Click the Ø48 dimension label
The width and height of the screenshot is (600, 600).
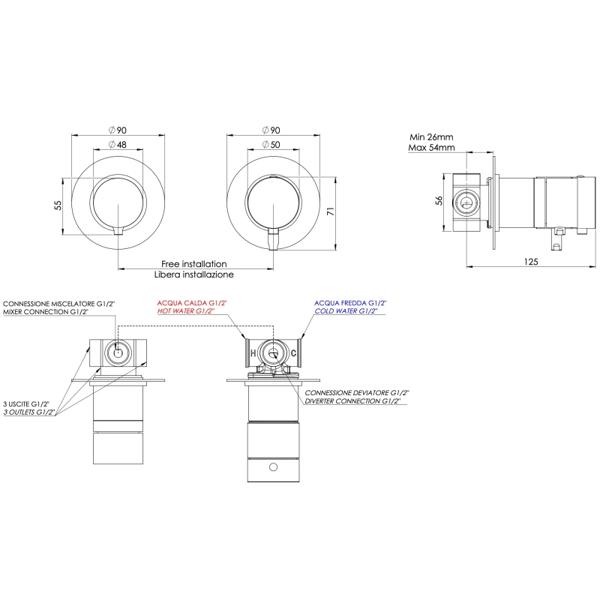tap(118, 145)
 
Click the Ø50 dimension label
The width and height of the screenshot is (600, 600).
tap(271, 145)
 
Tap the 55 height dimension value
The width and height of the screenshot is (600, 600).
tap(58, 205)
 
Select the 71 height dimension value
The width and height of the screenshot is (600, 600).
tap(331, 211)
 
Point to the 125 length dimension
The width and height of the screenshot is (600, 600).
tap(531, 262)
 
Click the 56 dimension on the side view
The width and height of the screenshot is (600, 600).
tap(439, 200)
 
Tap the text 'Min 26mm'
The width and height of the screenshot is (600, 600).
tap(431, 137)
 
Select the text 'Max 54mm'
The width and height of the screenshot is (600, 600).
tap(431, 147)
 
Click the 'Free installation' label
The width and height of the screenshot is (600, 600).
tap(194, 264)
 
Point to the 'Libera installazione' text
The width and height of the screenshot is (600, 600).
tap(194, 274)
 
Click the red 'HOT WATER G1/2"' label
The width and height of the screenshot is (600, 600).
tap(186, 311)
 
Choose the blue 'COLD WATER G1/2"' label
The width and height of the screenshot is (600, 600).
tap(346, 311)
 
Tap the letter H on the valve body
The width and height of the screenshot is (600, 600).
tap(253, 352)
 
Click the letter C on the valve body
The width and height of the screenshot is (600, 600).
tap(293, 352)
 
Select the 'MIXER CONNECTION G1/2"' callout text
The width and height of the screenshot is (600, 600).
tap(46, 312)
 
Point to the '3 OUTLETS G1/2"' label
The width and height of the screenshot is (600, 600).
tap(29, 412)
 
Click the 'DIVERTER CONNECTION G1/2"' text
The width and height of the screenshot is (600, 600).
tap(352, 401)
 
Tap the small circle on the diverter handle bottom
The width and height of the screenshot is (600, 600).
tap(273, 466)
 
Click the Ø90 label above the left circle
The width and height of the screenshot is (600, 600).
tap(118, 130)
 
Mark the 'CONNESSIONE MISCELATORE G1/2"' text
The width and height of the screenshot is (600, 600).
tap(59, 304)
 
